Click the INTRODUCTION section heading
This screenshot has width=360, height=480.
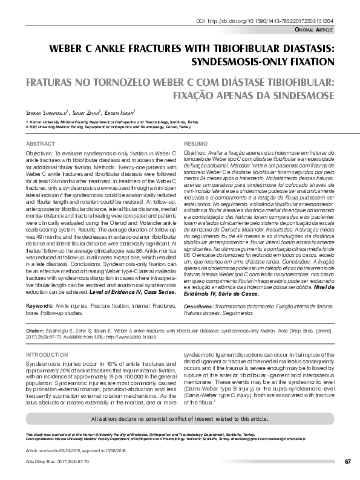click(x=48, y=354)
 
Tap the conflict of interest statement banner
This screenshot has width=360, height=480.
click(x=180, y=418)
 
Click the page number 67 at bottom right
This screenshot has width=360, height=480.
click(x=348, y=462)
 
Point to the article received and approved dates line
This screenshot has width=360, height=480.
click(x=75, y=451)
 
